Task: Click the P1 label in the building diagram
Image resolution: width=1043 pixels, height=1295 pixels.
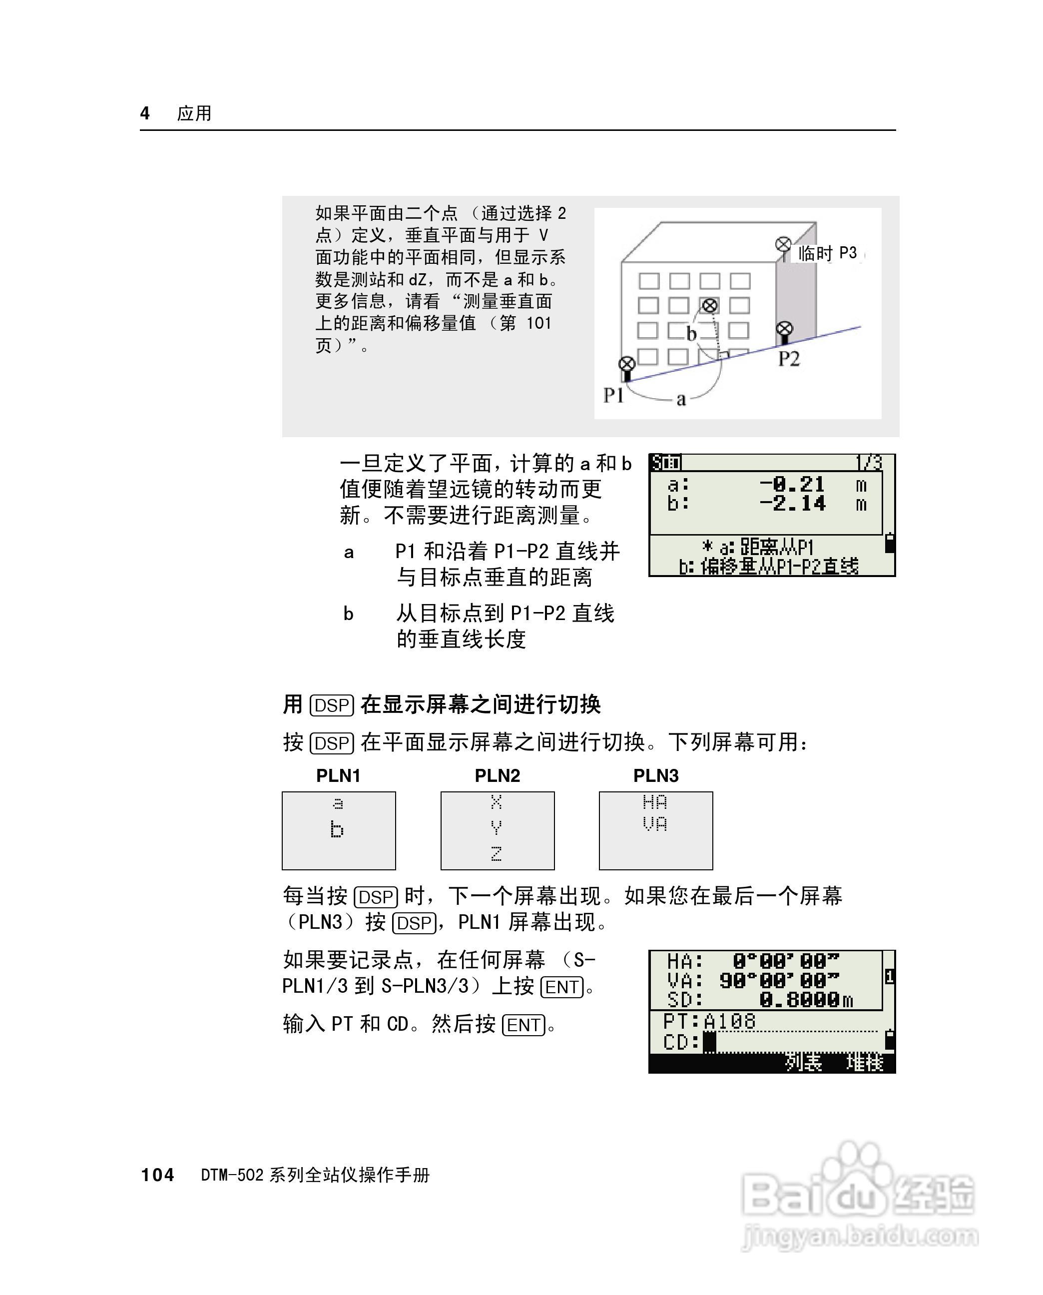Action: click(x=613, y=395)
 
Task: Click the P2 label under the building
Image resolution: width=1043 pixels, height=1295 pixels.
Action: click(x=789, y=359)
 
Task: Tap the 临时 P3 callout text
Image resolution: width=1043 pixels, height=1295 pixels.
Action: click(x=827, y=253)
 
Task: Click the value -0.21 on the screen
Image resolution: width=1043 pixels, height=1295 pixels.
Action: click(x=792, y=484)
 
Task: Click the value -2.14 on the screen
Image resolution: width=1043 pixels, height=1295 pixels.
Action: click(x=792, y=504)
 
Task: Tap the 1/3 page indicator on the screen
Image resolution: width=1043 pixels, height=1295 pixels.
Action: click(x=868, y=463)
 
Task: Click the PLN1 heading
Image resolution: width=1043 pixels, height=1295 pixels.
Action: click(x=338, y=776)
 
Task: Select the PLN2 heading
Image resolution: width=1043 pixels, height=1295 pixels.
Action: click(x=497, y=776)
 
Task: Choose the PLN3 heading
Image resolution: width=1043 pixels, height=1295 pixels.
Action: click(x=655, y=776)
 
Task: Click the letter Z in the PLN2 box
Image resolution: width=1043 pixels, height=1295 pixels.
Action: click(x=496, y=853)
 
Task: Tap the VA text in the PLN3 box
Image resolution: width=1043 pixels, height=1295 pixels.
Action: click(x=654, y=823)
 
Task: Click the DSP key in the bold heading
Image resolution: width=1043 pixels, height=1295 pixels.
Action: click(x=332, y=705)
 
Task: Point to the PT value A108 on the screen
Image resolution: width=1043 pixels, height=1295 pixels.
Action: click(x=729, y=1021)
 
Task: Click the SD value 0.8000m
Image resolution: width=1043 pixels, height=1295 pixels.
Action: click(x=805, y=999)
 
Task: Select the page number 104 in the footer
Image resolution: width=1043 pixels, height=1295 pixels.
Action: click(x=157, y=1175)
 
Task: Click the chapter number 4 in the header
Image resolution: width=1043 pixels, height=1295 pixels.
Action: click(x=145, y=113)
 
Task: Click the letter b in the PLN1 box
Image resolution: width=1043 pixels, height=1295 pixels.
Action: click(x=337, y=829)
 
